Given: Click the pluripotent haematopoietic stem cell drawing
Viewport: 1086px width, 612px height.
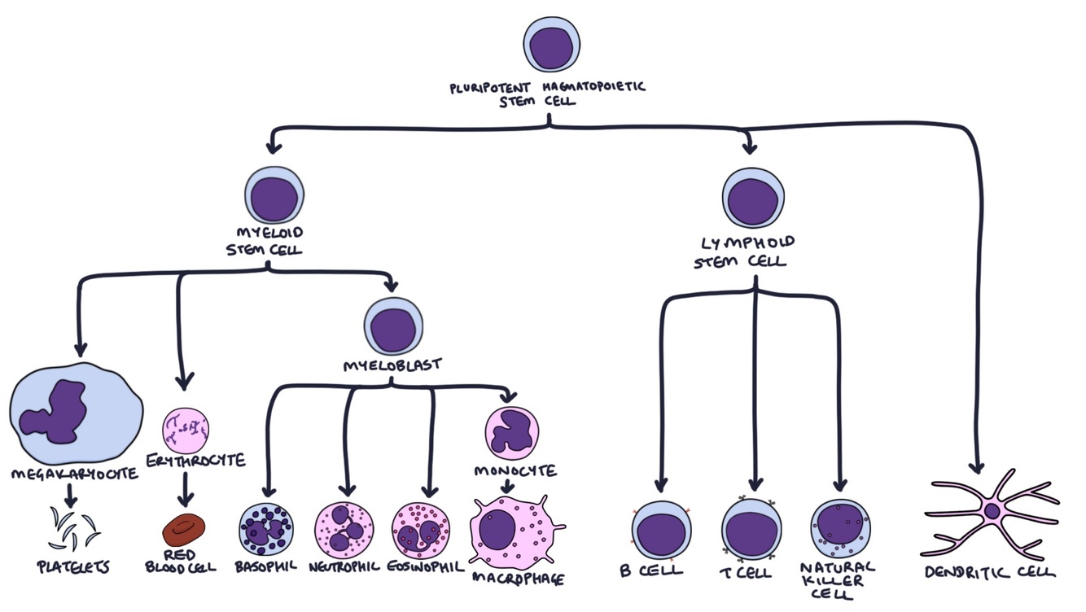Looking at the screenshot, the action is point(551,45).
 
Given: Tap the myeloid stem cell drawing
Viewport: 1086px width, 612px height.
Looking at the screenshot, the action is point(274,196).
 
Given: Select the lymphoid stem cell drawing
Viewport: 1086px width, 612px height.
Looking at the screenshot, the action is point(753,199).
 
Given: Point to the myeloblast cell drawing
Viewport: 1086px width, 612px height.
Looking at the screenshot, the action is point(393,326).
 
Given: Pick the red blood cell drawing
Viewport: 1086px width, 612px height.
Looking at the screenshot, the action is point(184,530).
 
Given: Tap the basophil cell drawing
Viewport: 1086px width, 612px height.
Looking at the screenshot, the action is point(266,529).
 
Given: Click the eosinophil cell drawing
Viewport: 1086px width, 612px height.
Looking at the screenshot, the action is point(420,531).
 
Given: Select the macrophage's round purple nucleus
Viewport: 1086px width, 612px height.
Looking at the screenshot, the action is point(497,529).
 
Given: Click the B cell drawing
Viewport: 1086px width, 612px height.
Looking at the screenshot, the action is point(661,530).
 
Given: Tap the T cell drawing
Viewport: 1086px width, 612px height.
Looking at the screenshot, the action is point(751,529).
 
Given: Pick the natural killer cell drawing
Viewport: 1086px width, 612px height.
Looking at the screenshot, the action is point(840,529).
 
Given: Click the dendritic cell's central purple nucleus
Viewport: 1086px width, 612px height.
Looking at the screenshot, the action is point(992,511).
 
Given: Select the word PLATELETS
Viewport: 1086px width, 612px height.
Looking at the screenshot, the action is point(73,567).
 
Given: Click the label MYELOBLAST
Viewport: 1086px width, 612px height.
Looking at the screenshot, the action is point(392,365).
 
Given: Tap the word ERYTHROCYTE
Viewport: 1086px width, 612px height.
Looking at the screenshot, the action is point(196,461).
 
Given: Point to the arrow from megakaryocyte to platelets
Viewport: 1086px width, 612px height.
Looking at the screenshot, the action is point(71,496).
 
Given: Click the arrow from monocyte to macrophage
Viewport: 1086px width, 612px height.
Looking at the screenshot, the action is point(506,486).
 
